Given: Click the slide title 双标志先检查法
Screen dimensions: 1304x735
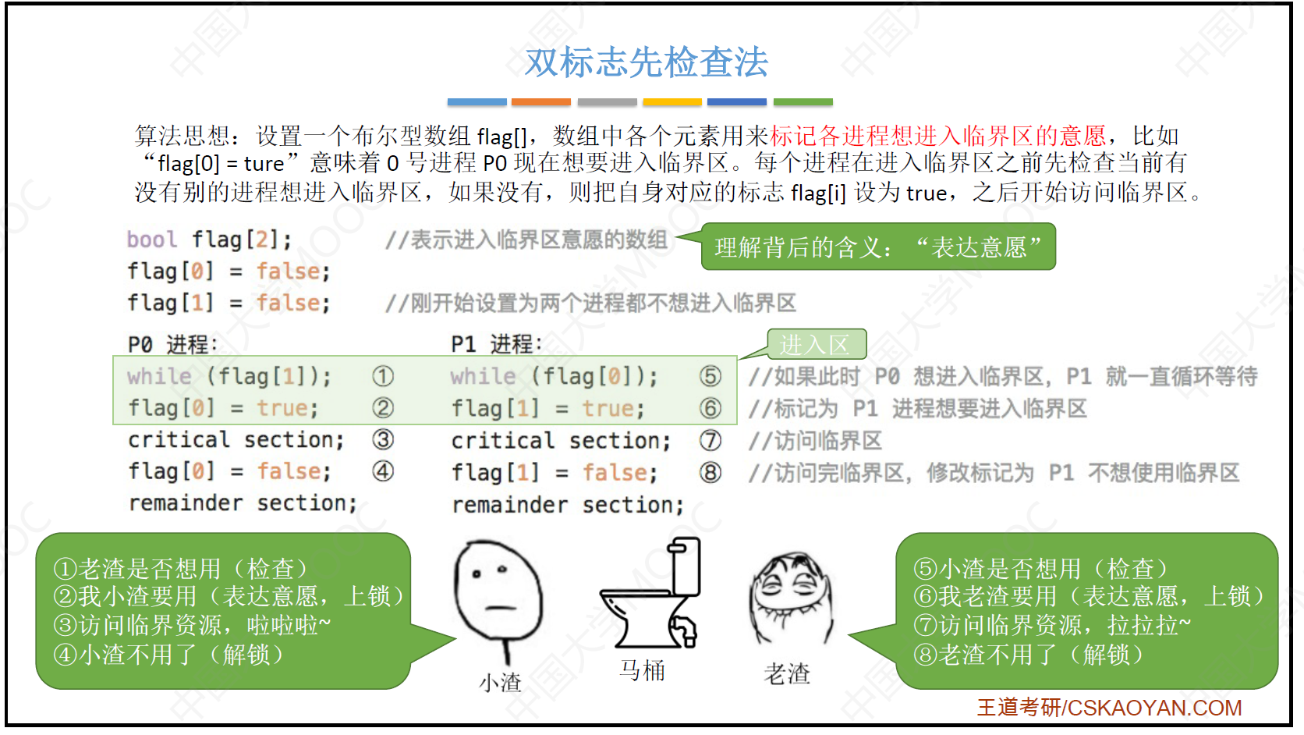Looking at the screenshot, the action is pos(647,62).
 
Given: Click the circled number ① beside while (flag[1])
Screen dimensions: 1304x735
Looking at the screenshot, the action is pos(382,376).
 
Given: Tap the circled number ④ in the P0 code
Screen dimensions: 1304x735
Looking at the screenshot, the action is pos(382,471).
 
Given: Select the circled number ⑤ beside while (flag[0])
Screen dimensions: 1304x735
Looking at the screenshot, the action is pos(710,376).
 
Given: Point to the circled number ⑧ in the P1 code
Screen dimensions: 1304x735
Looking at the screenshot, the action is pos(710,472).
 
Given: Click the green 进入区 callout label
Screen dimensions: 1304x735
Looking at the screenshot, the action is pos(817,344).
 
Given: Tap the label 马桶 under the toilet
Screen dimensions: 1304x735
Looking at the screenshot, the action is pos(642,671).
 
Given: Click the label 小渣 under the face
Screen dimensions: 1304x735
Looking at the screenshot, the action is pos(500,682).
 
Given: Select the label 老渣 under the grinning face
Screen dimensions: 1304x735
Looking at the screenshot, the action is pos(786,674).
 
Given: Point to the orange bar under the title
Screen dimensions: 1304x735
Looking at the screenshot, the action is pos(540,102).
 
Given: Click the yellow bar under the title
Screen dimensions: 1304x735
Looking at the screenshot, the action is pos(671,102).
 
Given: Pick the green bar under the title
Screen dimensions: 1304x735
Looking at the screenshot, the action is pos(803,102).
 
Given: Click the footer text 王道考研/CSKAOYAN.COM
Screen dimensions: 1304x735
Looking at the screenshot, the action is pos(1109,708).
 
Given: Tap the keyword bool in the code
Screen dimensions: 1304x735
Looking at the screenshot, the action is pos(152,240).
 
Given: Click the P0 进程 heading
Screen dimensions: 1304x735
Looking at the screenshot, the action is pos(173,344).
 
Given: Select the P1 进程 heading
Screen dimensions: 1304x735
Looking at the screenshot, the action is pos(497,344).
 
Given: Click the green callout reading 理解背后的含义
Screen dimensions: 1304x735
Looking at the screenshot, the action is pos(878,247).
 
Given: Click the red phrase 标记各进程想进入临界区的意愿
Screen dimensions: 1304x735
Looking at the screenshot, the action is pos(937,136).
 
